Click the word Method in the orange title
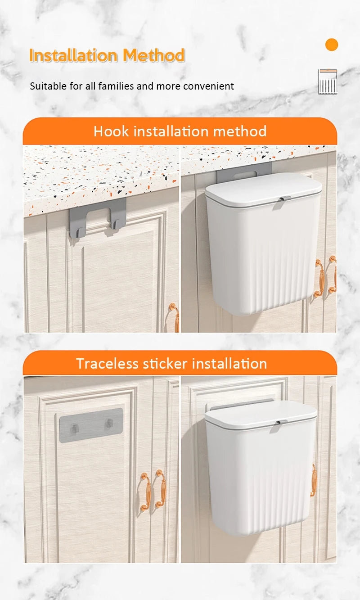tap(154, 55)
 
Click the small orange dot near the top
tap(332, 45)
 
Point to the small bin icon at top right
tap(328, 81)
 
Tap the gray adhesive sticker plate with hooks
tap(91, 425)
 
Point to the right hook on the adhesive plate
tap(109, 424)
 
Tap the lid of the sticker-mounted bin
tap(261, 413)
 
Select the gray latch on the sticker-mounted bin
tap(281, 424)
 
